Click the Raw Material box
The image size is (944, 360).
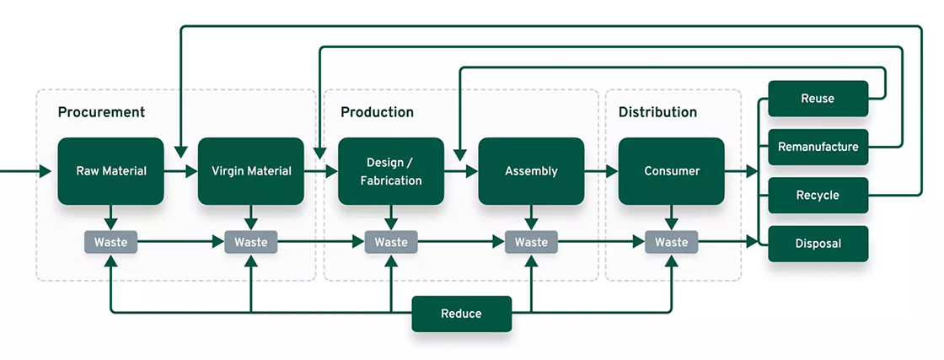[110, 171]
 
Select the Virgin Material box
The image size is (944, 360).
[250, 171]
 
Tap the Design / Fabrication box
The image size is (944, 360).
[391, 171]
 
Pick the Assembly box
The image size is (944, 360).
[531, 171]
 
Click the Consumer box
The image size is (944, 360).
[671, 171]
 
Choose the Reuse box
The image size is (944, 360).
[818, 99]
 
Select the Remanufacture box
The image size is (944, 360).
[818, 147]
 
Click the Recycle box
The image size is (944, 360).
[818, 196]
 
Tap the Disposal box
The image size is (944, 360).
[818, 244]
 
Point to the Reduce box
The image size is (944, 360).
[461, 314]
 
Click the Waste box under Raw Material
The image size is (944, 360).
[110, 243]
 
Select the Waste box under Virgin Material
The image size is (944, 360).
[250, 243]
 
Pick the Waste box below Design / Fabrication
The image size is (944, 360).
[391, 243]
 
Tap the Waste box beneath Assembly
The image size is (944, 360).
[531, 243]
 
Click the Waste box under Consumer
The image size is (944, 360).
[671, 243]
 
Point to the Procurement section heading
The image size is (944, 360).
[101, 112]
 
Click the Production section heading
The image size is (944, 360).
[377, 112]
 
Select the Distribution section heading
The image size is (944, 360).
[657, 112]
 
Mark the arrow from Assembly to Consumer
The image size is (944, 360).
[601, 171]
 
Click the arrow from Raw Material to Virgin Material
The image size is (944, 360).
[180, 171]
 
